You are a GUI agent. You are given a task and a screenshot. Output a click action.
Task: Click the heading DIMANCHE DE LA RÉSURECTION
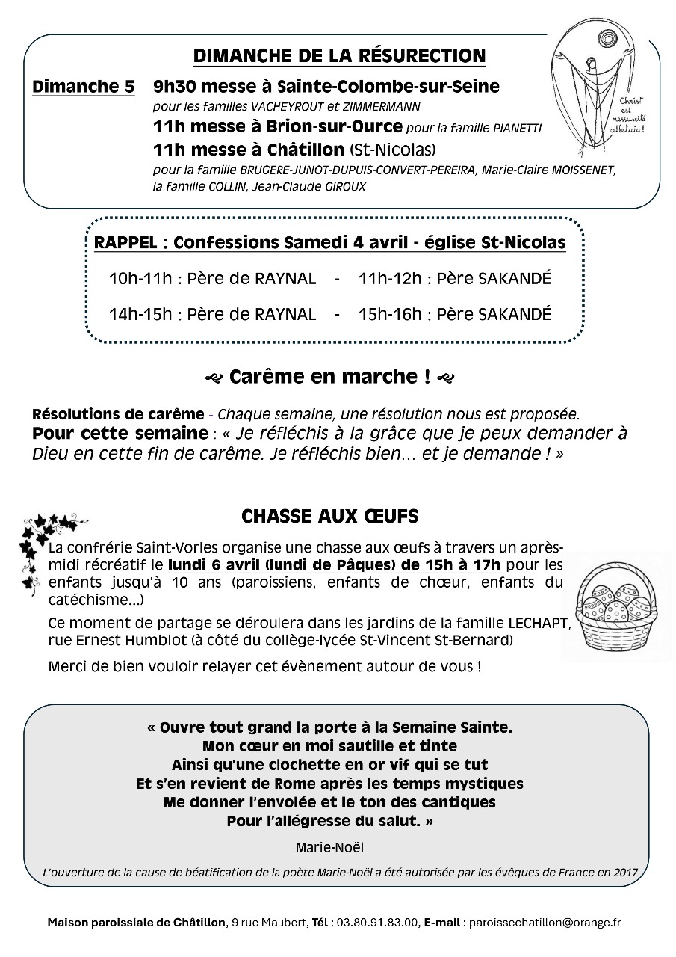coord(339,56)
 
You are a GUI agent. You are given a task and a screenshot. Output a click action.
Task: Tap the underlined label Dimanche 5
coord(84,87)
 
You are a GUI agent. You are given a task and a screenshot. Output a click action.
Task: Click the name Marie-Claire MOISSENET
coord(549,170)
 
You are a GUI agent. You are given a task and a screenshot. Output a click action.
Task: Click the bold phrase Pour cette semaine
coord(120,433)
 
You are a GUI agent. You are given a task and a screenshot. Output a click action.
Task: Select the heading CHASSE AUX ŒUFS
coord(329,517)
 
